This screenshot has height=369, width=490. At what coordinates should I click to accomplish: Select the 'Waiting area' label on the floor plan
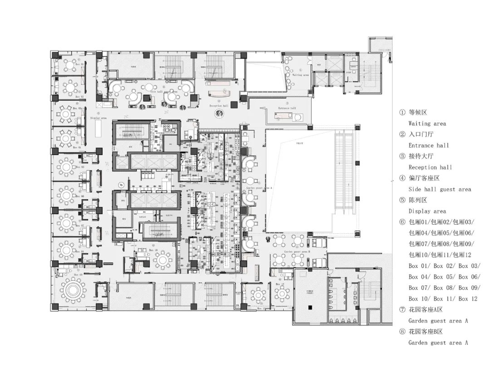(300, 75)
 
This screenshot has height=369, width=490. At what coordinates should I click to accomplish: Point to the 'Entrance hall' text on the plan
(287, 108)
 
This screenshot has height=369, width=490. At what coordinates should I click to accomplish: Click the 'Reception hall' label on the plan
(219, 105)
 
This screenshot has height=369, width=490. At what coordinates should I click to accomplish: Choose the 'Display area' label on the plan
(98, 118)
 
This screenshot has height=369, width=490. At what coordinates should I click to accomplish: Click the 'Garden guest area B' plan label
(297, 251)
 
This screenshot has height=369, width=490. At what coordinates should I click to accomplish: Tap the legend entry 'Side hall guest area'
(439, 189)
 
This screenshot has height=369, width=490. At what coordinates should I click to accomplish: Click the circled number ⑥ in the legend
(402, 222)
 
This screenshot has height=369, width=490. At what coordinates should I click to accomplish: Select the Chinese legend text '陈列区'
(418, 200)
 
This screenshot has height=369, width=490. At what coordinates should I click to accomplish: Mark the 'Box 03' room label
(78, 108)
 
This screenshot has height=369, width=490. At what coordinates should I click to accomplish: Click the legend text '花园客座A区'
(425, 310)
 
